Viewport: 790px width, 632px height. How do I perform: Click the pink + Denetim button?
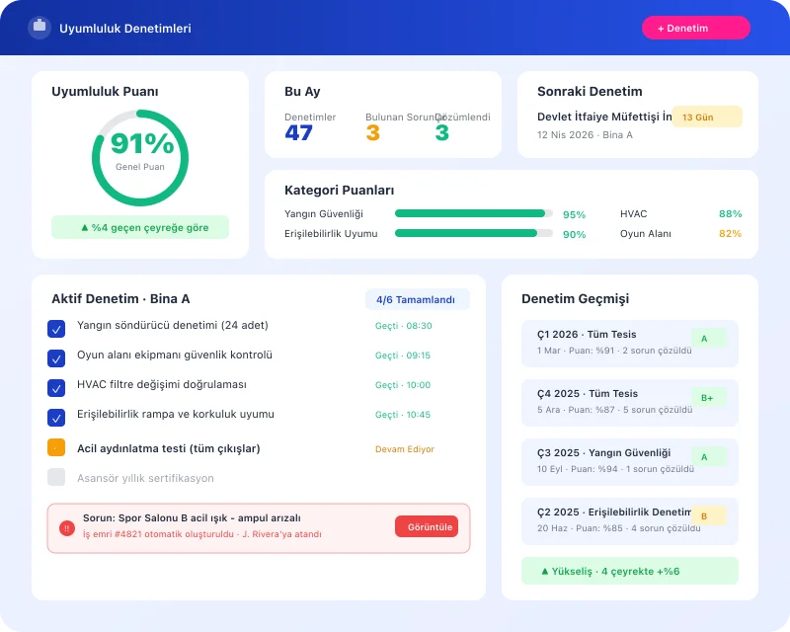click(x=695, y=28)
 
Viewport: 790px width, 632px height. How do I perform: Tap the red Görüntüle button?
click(x=427, y=527)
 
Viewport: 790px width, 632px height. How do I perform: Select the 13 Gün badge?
click(x=706, y=117)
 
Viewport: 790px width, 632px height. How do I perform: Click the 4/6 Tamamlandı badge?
click(x=417, y=299)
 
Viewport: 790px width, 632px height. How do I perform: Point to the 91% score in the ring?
click(x=141, y=145)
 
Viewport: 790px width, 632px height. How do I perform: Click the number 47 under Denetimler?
click(x=298, y=133)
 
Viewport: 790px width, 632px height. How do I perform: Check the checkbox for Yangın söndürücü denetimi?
click(x=56, y=328)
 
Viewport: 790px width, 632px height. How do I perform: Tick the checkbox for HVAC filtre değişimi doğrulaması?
click(x=56, y=387)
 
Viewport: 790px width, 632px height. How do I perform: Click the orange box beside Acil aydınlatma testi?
click(x=56, y=447)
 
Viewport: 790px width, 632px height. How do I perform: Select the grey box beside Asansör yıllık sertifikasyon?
click(x=56, y=477)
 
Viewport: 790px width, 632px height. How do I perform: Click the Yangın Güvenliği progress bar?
click(x=473, y=213)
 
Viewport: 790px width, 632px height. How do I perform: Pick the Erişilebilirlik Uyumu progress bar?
click(x=473, y=234)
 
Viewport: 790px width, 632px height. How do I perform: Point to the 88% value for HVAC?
click(x=730, y=213)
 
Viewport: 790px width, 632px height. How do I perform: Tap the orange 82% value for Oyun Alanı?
click(x=730, y=234)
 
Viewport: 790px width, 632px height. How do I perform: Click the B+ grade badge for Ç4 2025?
click(x=708, y=398)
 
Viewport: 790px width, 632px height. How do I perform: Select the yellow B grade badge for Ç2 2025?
click(x=708, y=515)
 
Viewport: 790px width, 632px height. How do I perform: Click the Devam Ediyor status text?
click(x=404, y=449)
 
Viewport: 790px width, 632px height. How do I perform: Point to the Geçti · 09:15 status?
click(x=402, y=355)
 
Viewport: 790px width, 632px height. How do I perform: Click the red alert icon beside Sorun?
click(x=67, y=528)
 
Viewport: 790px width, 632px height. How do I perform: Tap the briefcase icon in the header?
click(x=39, y=28)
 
